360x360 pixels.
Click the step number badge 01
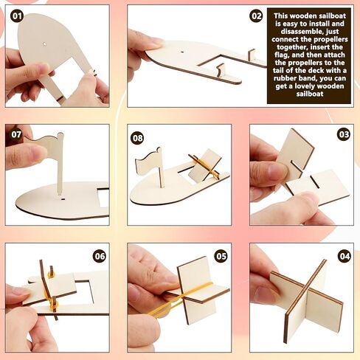click(17, 15)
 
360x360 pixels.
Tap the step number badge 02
click(257, 15)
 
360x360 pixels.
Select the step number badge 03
click(344, 134)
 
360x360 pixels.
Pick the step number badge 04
click(344, 256)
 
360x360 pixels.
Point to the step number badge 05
click(221, 256)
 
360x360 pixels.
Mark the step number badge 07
click(17, 136)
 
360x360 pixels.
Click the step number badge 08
click(137, 138)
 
